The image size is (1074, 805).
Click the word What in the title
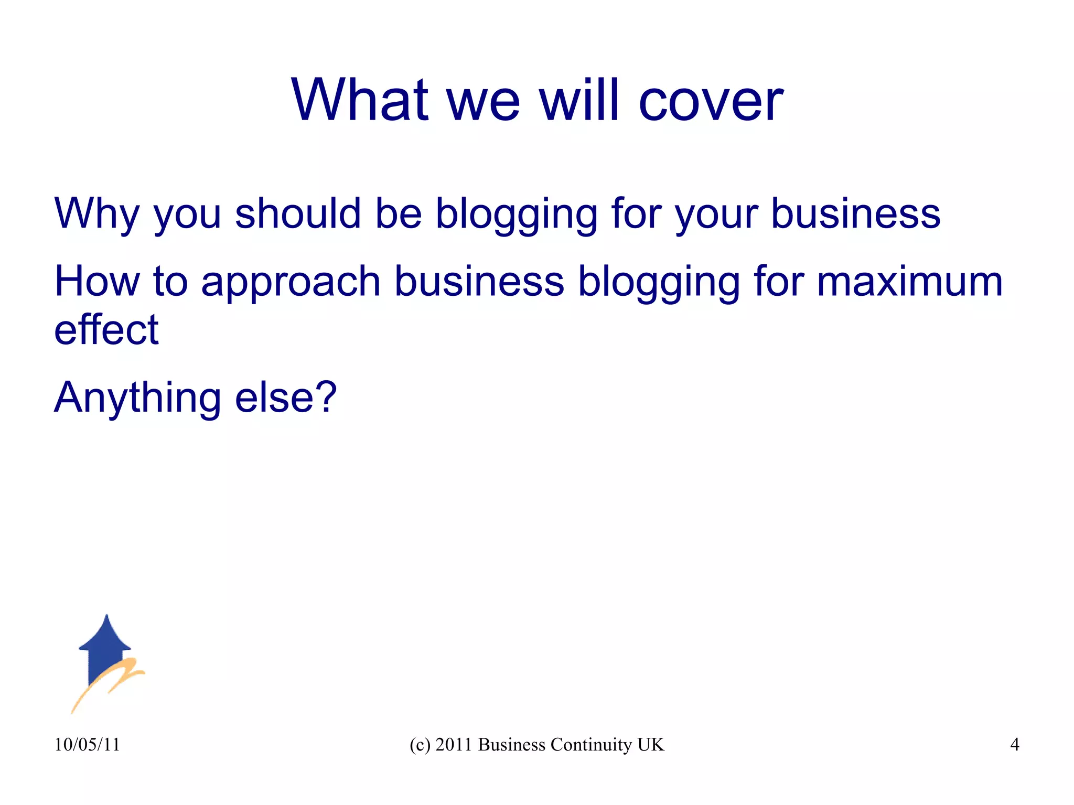tap(360, 100)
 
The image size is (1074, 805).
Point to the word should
tap(298, 214)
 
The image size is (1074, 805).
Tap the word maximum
tap(910, 282)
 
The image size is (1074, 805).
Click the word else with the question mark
tap(286, 398)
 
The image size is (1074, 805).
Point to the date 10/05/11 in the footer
tap(87, 745)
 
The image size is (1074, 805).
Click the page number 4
tap(1015, 745)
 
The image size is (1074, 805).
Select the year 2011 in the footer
tap(454, 745)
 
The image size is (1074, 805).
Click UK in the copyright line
tap(651, 745)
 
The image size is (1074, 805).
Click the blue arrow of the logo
tap(105, 645)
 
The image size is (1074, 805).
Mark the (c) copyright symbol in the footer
tap(420, 745)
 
